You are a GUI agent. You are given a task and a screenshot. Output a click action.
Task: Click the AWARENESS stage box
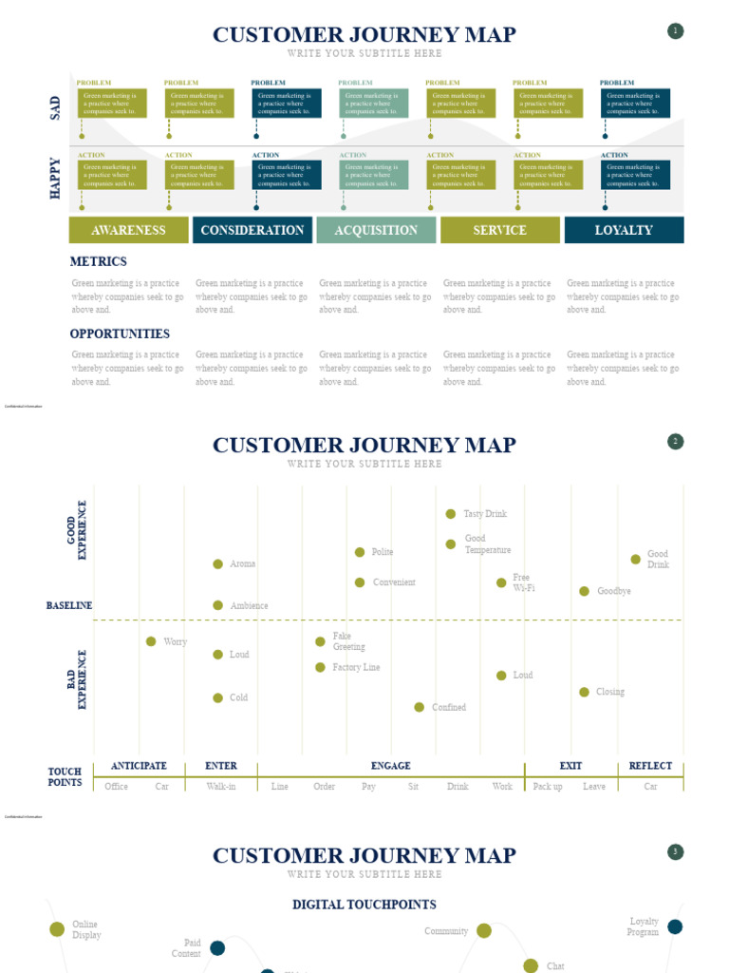click(128, 230)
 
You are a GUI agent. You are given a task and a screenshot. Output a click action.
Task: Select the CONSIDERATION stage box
click(252, 230)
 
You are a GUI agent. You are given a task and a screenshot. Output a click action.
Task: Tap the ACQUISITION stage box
click(376, 230)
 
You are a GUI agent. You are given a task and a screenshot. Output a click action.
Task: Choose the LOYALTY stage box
click(624, 230)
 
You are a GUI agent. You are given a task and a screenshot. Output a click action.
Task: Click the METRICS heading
click(98, 261)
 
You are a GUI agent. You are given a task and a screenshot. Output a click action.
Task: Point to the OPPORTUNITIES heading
click(120, 334)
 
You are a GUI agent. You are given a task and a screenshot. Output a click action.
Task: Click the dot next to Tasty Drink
click(451, 514)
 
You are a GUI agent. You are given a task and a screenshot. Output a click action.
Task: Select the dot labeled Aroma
click(218, 564)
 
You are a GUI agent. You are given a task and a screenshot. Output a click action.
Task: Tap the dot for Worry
click(151, 641)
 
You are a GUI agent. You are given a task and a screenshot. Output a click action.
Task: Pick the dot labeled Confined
click(420, 707)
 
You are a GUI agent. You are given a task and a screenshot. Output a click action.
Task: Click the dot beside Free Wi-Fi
click(501, 582)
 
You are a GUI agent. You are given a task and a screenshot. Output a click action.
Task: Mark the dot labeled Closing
click(585, 692)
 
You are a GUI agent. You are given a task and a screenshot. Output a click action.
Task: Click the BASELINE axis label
click(69, 605)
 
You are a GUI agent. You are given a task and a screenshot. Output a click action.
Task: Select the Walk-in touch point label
click(221, 787)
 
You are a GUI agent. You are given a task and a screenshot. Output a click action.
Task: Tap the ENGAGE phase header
click(391, 766)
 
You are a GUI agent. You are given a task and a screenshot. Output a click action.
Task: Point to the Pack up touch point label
click(548, 787)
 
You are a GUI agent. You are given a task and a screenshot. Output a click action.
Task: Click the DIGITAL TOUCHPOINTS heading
click(364, 905)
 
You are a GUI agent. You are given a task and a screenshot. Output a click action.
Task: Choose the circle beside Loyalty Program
click(675, 926)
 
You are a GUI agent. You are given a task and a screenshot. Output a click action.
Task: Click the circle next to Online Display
click(57, 929)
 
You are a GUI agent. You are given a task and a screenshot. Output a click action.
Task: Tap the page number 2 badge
click(676, 442)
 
